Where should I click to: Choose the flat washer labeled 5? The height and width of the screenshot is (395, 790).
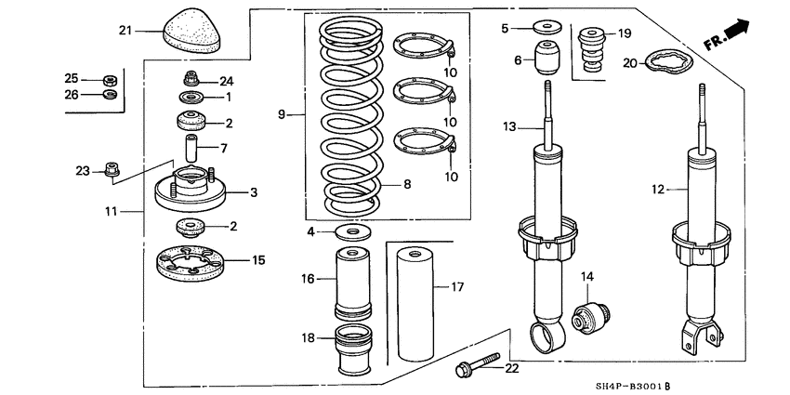[544, 28]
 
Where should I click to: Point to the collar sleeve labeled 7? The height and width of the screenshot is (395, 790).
[192, 148]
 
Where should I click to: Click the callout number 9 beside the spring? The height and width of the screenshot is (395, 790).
[282, 114]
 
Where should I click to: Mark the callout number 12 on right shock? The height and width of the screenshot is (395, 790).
[658, 190]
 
